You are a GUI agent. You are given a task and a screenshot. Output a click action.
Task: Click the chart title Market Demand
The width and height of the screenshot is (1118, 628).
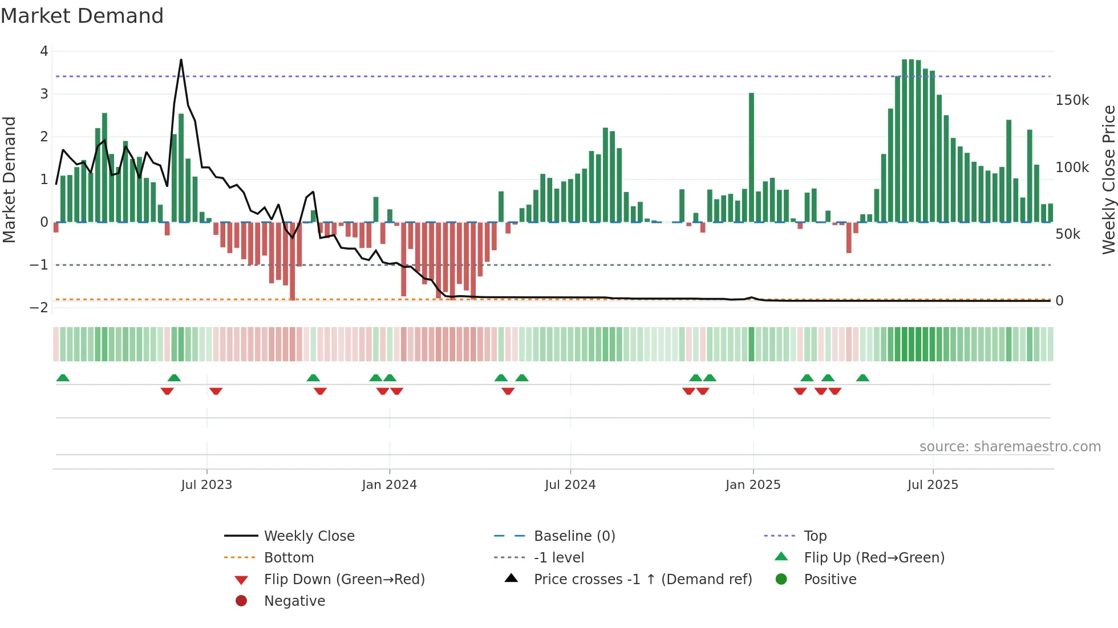[82, 16]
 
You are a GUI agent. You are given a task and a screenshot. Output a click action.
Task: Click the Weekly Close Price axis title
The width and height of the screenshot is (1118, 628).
[1108, 180]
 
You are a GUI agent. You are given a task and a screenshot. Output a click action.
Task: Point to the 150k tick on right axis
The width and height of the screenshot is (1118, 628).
[1072, 100]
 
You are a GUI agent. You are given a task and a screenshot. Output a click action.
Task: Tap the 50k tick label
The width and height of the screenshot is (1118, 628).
[1067, 234]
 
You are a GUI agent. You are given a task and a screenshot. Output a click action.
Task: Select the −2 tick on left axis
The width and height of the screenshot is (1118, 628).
[39, 308]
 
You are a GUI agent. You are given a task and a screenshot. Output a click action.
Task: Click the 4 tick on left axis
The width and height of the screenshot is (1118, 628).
[44, 51]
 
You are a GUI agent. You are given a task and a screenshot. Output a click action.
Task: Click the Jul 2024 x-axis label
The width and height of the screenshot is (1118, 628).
[570, 485]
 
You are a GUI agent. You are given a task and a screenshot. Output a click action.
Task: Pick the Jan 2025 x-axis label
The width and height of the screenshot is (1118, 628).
[752, 485]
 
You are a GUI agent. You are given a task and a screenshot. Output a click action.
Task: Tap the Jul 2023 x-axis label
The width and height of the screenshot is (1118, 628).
[206, 485]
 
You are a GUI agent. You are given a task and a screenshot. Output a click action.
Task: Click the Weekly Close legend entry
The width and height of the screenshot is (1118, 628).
[309, 536]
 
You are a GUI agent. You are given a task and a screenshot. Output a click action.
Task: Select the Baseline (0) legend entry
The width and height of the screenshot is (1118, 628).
[574, 536]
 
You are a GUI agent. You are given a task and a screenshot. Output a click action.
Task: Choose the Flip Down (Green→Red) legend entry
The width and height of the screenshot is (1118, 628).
[344, 580]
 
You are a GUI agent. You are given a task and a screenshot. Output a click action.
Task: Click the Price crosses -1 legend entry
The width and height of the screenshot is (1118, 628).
[643, 580]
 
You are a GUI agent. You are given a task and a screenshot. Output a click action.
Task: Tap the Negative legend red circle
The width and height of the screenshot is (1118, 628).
[241, 601]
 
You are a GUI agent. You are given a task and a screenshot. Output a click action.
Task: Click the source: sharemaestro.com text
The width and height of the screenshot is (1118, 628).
[1010, 447]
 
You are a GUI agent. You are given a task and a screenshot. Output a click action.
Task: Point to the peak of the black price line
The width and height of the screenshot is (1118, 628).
[181, 60]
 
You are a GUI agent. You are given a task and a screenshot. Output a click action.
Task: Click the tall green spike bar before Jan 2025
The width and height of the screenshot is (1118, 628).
[751, 157]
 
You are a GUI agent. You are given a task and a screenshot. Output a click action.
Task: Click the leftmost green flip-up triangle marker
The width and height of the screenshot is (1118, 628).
[63, 378]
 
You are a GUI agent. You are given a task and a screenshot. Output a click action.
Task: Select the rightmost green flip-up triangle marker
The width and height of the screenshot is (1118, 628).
[862, 378]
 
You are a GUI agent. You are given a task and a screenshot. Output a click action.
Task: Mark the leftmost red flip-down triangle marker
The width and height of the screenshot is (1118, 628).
[167, 391]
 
